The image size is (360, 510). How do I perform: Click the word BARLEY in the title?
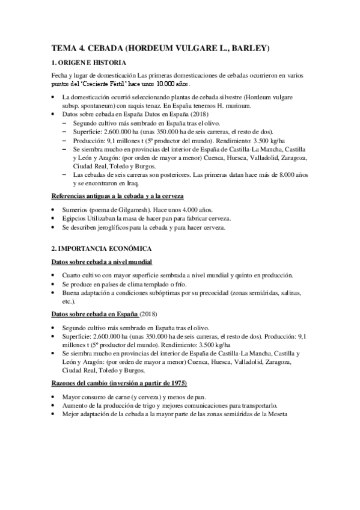247,48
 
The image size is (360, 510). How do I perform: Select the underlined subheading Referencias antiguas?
117,197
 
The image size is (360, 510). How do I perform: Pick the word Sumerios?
76,210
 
